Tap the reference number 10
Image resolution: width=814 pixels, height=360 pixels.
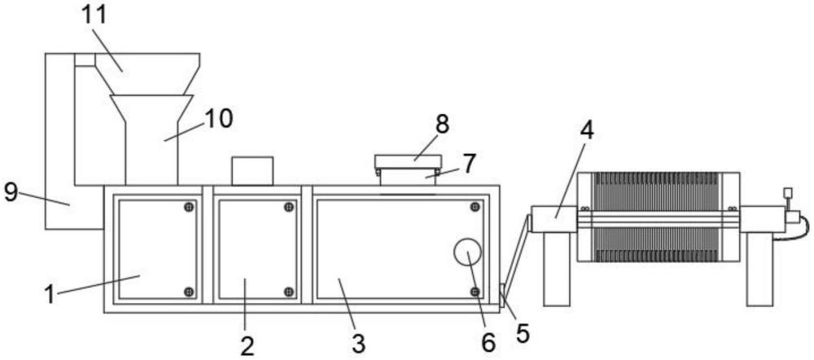218,118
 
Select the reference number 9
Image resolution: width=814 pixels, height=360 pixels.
11,192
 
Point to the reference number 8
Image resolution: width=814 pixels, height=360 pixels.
442,125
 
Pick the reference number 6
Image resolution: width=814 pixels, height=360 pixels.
488,342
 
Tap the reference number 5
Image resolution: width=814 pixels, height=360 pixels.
523,332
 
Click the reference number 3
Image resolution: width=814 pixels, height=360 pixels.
357,342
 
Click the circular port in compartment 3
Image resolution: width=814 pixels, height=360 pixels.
468,253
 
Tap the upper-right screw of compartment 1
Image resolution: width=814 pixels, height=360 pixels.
189,207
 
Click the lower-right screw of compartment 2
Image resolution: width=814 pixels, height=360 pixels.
289,291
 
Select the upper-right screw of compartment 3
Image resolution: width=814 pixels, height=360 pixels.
475,207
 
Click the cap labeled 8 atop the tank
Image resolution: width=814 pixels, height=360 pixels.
408,162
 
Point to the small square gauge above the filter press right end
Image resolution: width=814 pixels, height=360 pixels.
786,193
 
